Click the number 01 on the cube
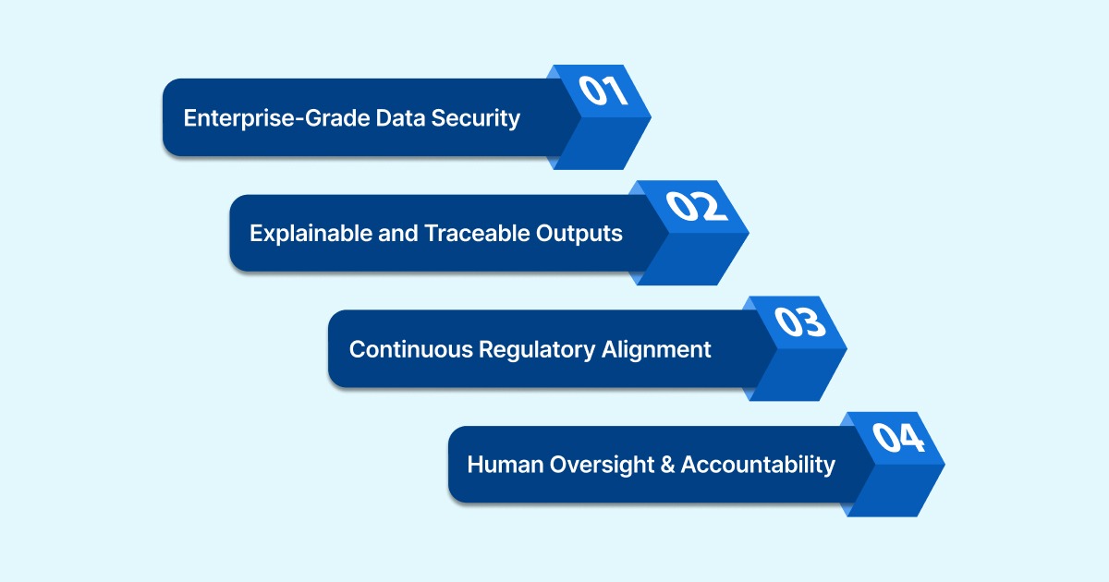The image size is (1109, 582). click(603, 91)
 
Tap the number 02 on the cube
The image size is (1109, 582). click(700, 207)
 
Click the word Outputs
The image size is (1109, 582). click(579, 234)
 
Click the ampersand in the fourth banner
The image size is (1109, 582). click(665, 465)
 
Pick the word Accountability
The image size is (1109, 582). click(758, 465)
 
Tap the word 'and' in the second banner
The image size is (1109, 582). click(400, 234)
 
